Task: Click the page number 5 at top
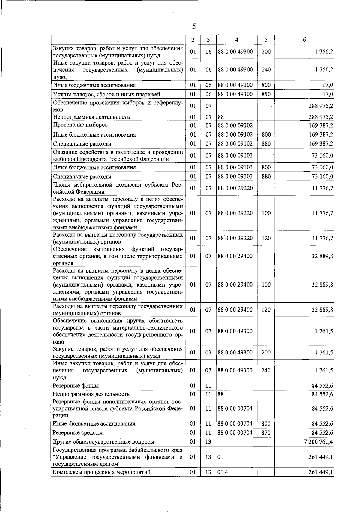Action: click(194, 26)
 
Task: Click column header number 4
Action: click(237, 40)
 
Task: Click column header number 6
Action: click(304, 40)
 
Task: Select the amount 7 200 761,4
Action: click(318, 441)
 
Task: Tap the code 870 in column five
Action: click(266, 432)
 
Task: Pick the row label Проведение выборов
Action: click(80, 125)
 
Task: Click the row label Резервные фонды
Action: click(76, 386)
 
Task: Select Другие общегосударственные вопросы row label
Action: click(103, 441)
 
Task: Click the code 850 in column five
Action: click(266, 94)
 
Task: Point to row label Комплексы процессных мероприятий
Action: click(101, 472)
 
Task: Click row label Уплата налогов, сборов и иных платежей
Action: click(106, 94)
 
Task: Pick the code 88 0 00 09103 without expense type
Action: click(235, 155)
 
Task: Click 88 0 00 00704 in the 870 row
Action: click(235, 432)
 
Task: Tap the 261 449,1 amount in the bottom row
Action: click(320, 472)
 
